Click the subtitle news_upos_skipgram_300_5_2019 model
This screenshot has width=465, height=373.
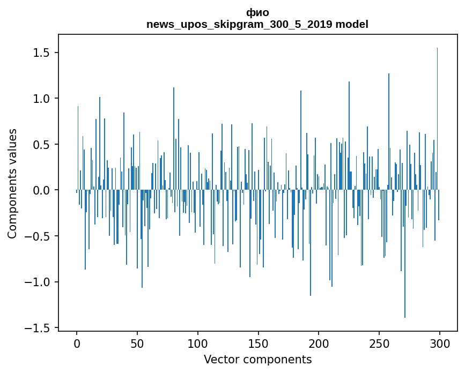(x=257, y=24)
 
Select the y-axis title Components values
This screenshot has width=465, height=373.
(x=12, y=183)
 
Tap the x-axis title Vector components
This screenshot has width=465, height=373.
(x=257, y=359)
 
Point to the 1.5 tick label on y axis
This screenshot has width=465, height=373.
(x=42, y=53)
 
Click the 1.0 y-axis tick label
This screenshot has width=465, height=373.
(x=42, y=99)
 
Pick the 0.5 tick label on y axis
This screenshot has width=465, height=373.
(x=42, y=145)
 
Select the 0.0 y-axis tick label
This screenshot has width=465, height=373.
(x=42, y=190)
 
